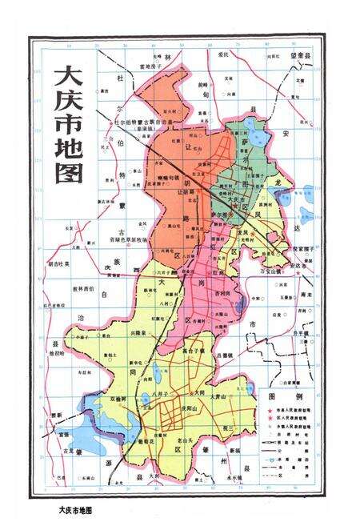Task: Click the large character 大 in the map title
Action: pos(65,81)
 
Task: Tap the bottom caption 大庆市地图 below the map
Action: pos(82,508)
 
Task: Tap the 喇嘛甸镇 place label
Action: pos(170,174)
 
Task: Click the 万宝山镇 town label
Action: pos(273,273)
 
